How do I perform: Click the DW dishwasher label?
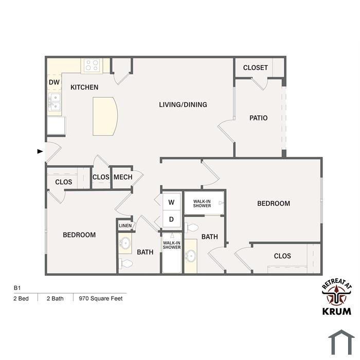pos(54,82)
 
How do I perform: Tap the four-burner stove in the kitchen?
pos(92,65)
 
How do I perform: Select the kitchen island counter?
pos(105,116)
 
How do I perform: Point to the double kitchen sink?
pos(55,102)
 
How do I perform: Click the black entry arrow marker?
pos(40,151)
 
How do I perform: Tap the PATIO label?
pos(259,118)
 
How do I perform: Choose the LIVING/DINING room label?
pos(183,105)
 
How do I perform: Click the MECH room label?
pos(123,177)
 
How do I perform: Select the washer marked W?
pos(171,202)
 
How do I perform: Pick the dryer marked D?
pos(171,219)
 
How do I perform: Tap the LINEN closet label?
pos(125,226)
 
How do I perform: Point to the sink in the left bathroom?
pos(125,243)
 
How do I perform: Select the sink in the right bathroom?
pos(191,255)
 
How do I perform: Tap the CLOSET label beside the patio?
pos(255,68)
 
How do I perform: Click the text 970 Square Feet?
pos(101,298)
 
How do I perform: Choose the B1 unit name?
pos(17,288)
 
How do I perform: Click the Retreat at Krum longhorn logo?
pos(337,299)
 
